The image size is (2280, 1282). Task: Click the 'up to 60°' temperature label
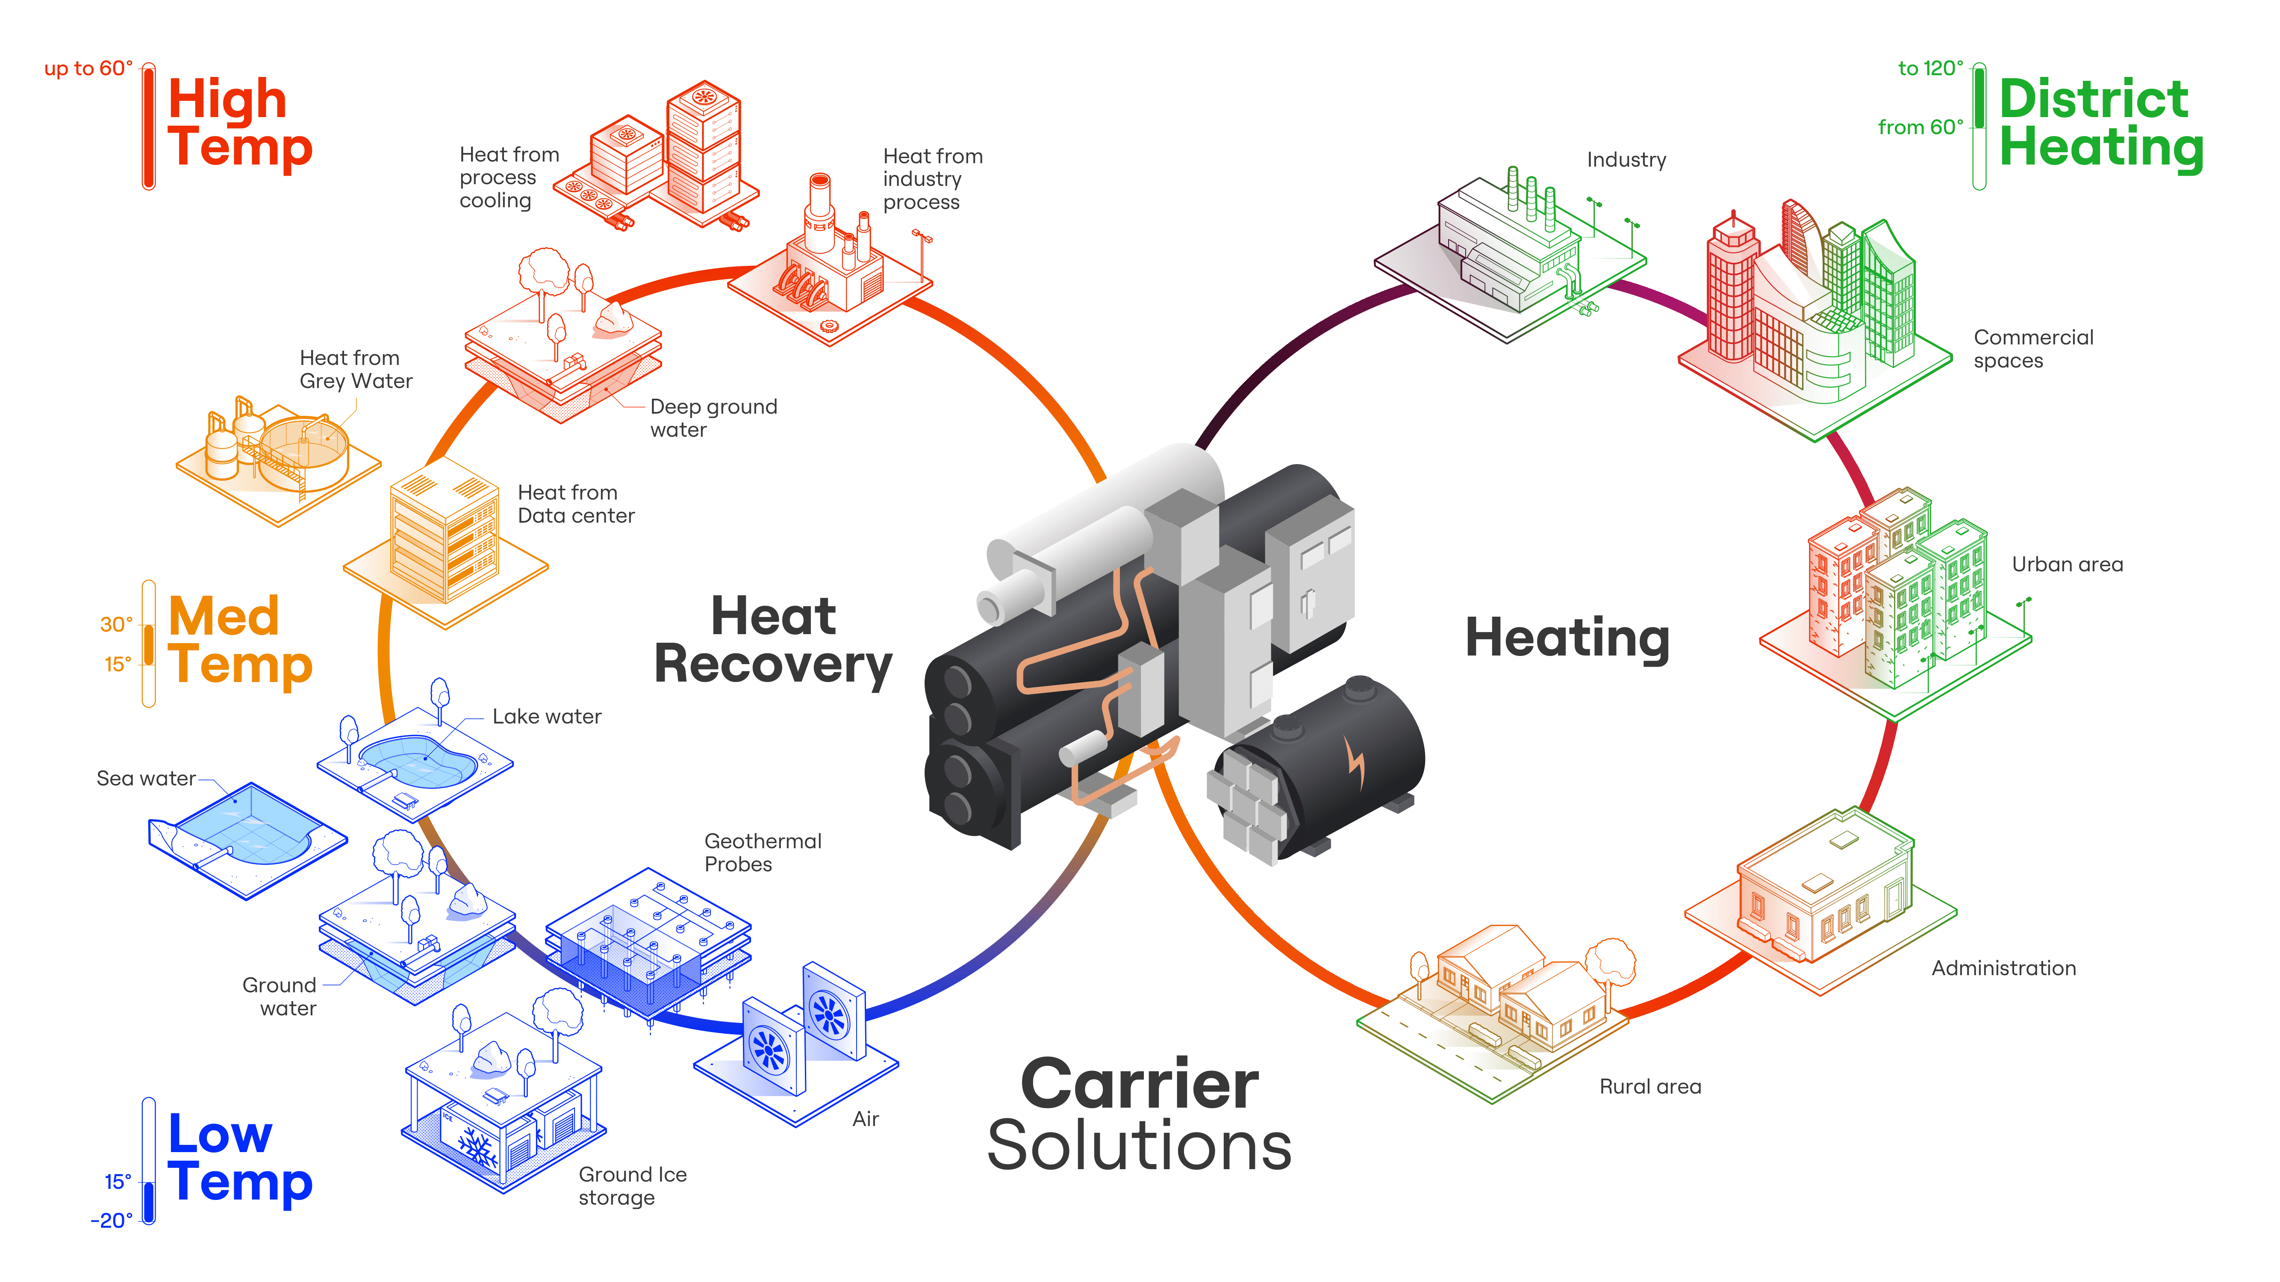click(x=88, y=68)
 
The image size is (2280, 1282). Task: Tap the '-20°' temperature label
click(x=112, y=1220)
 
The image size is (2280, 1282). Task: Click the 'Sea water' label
click(x=146, y=779)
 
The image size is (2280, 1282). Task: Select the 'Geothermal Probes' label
click(x=762, y=852)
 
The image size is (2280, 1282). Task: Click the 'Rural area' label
click(x=1650, y=1086)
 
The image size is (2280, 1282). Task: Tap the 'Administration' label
click(x=2003, y=968)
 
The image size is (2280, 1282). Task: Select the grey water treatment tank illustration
click(x=301, y=447)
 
